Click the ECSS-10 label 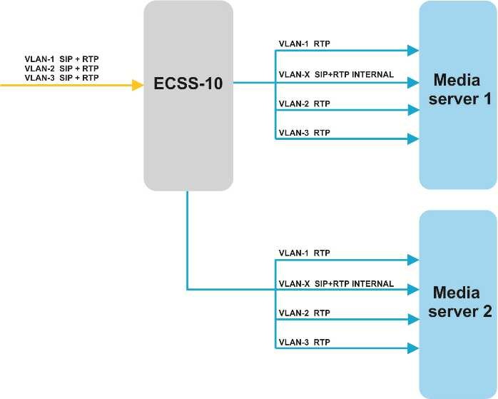(x=188, y=84)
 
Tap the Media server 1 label (x=457, y=89)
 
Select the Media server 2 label (x=457, y=302)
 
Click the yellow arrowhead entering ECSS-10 (x=138, y=85)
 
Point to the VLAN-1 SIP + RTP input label (x=61, y=59)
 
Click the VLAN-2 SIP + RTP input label (x=61, y=68)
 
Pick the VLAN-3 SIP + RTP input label (x=61, y=77)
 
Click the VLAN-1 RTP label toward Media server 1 (x=304, y=44)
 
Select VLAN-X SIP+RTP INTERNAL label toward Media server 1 (x=336, y=74)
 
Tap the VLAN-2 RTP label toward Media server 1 (x=304, y=103)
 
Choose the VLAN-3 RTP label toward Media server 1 (x=304, y=133)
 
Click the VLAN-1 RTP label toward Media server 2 (x=304, y=253)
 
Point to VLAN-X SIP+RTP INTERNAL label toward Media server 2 (x=336, y=283)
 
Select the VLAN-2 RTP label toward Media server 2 (x=304, y=313)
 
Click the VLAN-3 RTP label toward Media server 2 (x=304, y=341)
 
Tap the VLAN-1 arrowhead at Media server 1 (x=412, y=51)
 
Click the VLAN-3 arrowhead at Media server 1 (x=412, y=139)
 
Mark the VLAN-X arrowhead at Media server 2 (x=412, y=290)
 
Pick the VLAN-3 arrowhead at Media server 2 (x=412, y=348)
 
